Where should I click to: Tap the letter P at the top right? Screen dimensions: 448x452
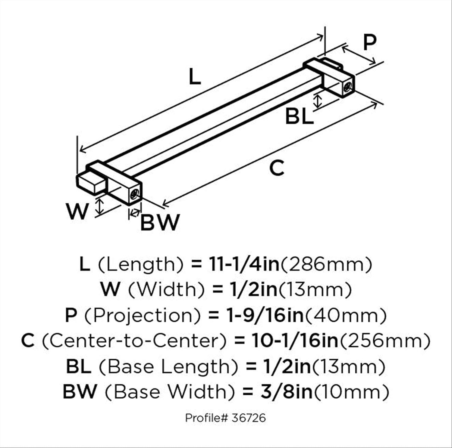(369, 42)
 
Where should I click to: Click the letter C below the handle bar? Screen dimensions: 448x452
(277, 168)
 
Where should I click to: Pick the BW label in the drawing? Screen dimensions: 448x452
(160, 223)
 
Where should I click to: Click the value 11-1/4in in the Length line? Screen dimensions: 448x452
(244, 264)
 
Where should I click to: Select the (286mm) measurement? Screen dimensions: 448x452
(326, 264)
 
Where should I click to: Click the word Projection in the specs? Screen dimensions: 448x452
(143, 316)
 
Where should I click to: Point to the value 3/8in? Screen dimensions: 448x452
(286, 392)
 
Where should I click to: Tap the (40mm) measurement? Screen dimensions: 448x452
(346, 315)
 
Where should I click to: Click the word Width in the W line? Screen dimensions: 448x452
(166, 289)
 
